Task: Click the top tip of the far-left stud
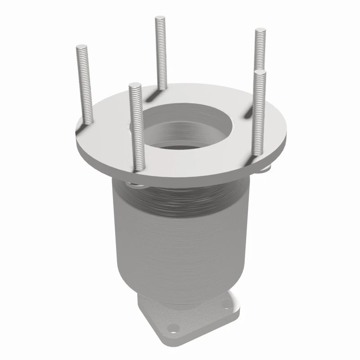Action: click(x=82, y=46)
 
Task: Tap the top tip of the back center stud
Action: click(x=161, y=18)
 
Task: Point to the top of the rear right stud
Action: click(x=260, y=31)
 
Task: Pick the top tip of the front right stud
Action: click(x=259, y=72)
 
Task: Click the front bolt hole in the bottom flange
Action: click(x=176, y=327)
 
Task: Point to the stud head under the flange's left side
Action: click(x=131, y=184)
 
